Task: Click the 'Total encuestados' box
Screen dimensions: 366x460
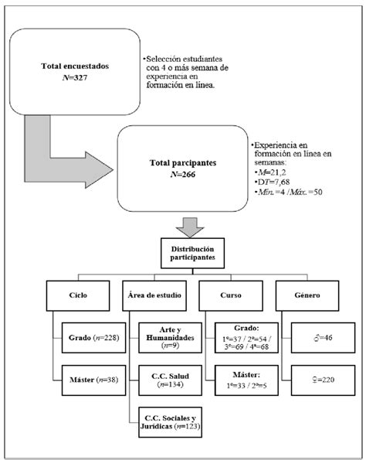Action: [x=75, y=72]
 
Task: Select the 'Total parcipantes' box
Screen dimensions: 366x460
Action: [x=182, y=169]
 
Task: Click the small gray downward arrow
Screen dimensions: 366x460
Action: [x=190, y=227]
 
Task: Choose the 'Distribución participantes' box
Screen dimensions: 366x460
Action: [x=192, y=253]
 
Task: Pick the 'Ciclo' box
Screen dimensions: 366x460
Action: [x=78, y=295]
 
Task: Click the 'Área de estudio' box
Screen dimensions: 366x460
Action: [x=154, y=295]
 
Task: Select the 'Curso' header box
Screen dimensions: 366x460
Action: [x=231, y=295]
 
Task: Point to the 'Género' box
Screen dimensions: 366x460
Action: [x=307, y=295]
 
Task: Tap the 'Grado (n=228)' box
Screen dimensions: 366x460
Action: [x=93, y=338]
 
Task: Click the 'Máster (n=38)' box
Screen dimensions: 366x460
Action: [x=93, y=380]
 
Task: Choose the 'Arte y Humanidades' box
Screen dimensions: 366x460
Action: [x=170, y=338]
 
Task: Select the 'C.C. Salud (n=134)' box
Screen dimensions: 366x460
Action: [x=170, y=380]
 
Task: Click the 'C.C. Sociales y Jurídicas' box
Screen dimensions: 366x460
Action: [x=170, y=422]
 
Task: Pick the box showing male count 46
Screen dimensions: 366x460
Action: [x=323, y=338]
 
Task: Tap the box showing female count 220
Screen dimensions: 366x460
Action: [x=323, y=380]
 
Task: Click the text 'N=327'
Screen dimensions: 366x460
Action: [x=75, y=78]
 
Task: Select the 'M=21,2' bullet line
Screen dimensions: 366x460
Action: [x=270, y=172]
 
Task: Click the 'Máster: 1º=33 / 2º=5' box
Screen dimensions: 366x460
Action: [x=246, y=380]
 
